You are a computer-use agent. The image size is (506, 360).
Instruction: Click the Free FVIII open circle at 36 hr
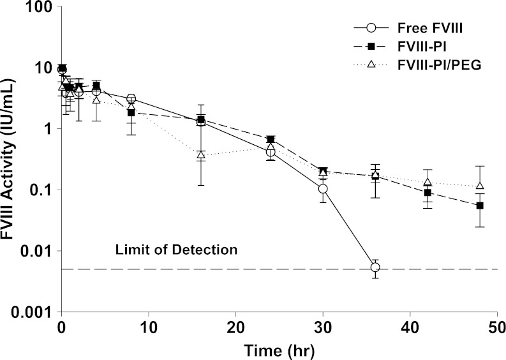point(375,267)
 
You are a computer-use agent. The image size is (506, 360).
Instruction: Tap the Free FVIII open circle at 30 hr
point(323,189)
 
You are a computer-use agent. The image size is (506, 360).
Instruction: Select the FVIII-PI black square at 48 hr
point(480,206)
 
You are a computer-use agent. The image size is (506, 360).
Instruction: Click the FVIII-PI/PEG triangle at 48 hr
point(480,186)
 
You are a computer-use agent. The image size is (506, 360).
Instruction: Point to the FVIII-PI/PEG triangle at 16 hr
point(201,154)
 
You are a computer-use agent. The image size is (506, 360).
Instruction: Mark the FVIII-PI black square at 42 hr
point(428,193)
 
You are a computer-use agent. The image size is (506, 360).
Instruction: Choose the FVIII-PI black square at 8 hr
point(131,112)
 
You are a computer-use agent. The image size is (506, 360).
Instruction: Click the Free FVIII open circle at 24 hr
point(271,152)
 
